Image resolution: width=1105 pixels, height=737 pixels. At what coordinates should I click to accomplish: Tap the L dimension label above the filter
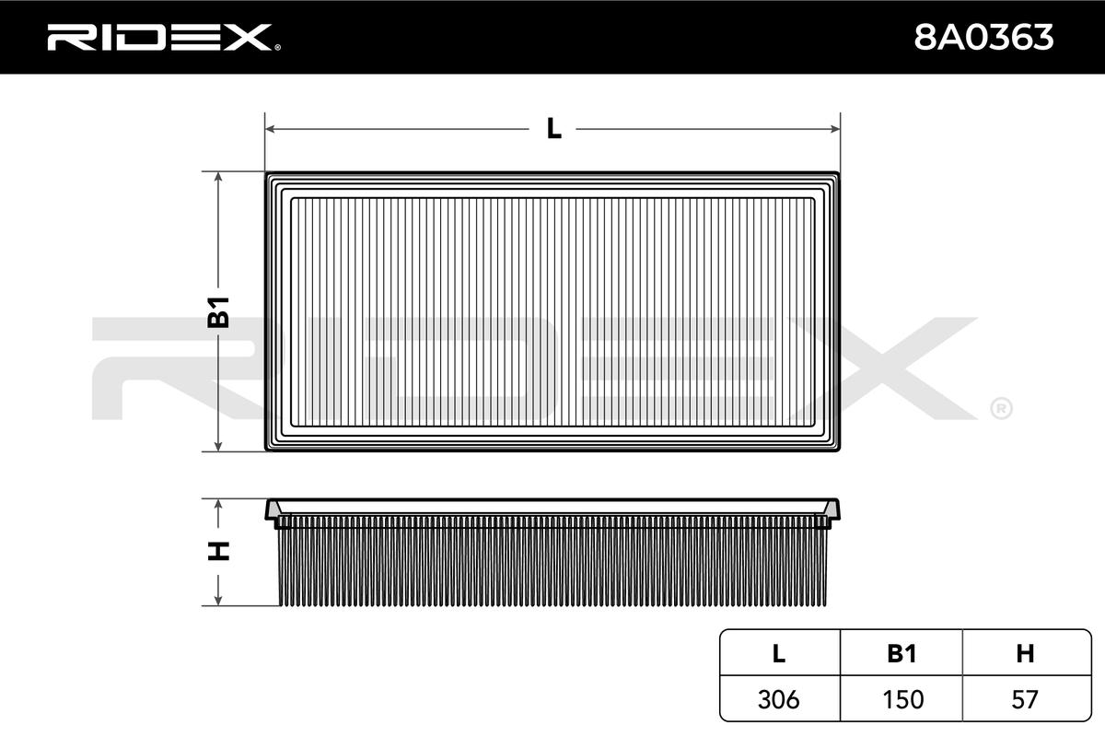click(x=553, y=129)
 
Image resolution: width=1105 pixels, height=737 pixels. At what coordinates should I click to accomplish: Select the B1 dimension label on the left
click(x=218, y=312)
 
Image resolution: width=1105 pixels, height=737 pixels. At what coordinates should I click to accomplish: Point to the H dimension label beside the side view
click(x=218, y=551)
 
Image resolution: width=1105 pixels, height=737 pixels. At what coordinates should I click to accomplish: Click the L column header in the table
click(x=778, y=653)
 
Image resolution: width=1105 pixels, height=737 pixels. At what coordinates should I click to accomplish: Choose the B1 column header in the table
click(x=901, y=653)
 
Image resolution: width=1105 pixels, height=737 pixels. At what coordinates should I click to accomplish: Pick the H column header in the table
click(x=1025, y=653)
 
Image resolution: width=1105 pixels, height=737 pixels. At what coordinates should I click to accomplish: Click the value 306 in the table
click(x=778, y=699)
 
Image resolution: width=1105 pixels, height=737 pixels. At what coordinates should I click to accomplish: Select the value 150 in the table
click(x=901, y=699)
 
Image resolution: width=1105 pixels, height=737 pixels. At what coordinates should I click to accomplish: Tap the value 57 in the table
click(x=1025, y=699)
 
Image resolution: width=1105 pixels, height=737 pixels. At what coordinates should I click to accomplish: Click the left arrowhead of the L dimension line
click(x=270, y=129)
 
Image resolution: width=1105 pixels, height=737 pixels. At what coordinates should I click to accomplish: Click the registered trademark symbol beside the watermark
click(x=1001, y=407)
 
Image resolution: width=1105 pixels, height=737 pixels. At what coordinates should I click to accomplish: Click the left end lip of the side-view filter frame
click(x=273, y=510)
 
